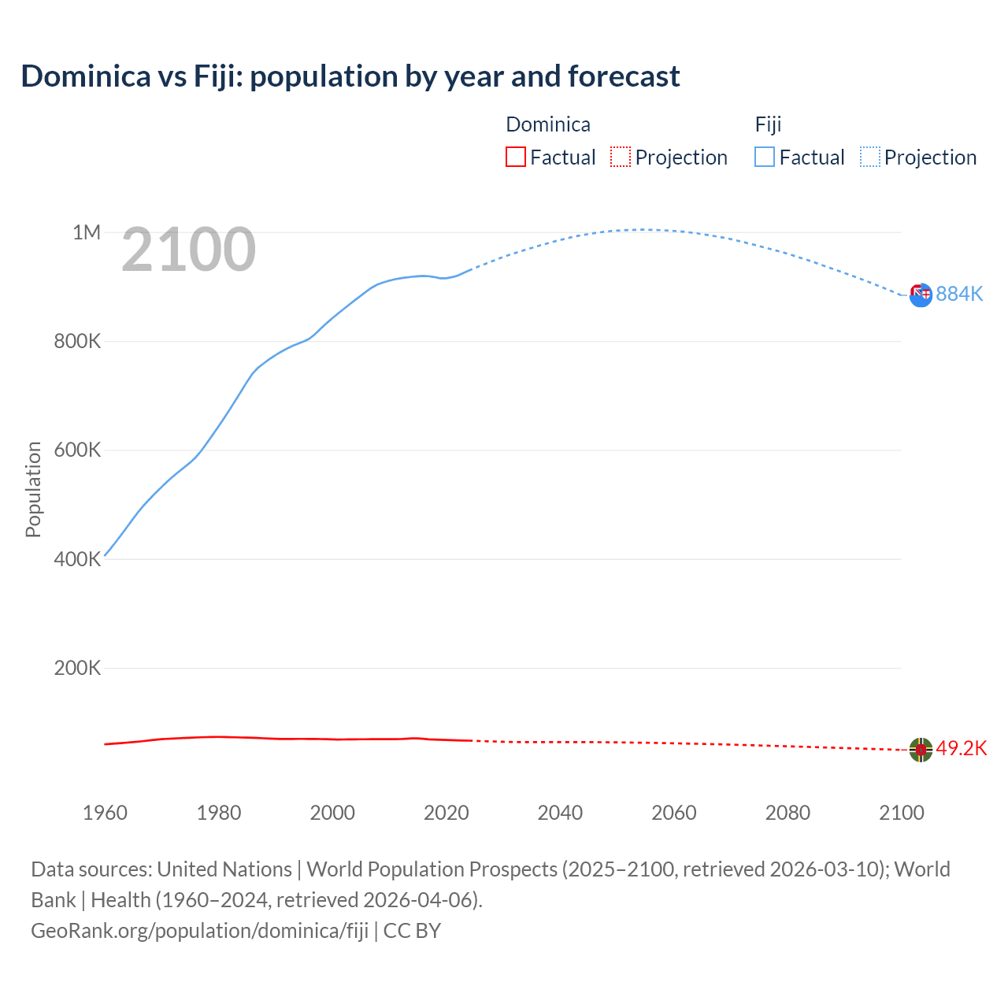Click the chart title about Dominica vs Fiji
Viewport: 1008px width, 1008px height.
click(x=350, y=76)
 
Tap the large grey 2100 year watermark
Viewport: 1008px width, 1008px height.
click(x=188, y=250)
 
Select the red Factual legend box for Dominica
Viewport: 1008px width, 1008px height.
click(x=515, y=157)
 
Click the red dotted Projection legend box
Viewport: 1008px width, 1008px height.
click(x=621, y=157)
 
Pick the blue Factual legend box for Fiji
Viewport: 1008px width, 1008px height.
click(x=765, y=157)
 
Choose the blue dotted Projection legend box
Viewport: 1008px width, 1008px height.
click(x=870, y=157)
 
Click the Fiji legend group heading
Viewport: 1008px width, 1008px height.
click(x=768, y=124)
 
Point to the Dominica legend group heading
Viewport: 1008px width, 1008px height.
click(x=547, y=124)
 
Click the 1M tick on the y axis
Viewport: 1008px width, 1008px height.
click(x=87, y=232)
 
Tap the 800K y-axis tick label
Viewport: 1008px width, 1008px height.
click(x=77, y=342)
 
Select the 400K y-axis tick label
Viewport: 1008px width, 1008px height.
click(x=77, y=559)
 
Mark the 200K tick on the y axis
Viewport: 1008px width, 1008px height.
click(x=77, y=669)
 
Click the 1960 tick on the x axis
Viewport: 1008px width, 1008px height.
click(x=105, y=813)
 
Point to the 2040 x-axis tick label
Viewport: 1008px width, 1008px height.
click(x=560, y=813)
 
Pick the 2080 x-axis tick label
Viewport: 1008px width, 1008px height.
click(x=787, y=813)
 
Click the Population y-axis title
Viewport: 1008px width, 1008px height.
click(x=33, y=489)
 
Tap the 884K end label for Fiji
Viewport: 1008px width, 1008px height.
click(x=959, y=294)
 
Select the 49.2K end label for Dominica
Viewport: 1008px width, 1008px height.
click(x=961, y=748)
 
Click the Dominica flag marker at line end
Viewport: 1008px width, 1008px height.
click(x=921, y=750)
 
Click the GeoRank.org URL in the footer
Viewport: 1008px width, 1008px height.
click(x=199, y=931)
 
